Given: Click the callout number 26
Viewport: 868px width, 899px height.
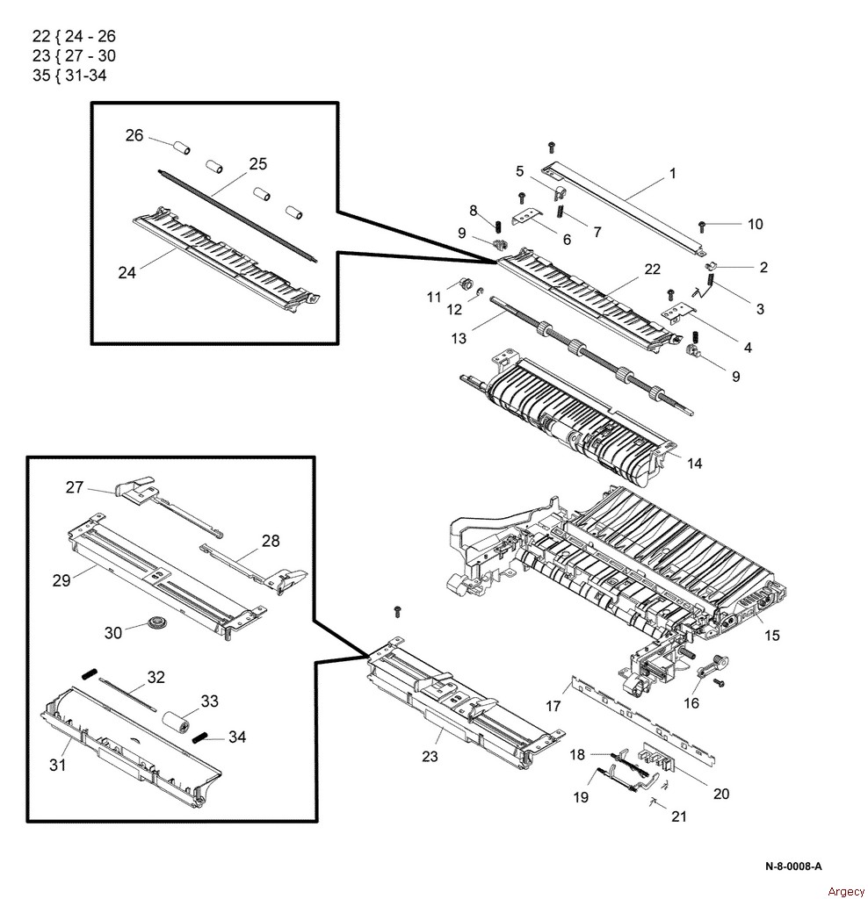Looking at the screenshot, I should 134,135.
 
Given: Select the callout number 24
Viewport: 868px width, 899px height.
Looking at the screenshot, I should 128,272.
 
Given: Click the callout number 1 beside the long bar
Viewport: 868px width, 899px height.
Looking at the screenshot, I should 673,174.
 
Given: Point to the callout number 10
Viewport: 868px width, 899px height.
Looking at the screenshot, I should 755,224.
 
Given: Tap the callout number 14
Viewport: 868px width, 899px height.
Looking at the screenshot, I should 694,464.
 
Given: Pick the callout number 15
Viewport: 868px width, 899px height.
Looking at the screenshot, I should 771,635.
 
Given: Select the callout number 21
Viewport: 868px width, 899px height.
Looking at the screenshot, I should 678,816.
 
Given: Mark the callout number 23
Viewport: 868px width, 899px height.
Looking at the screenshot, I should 430,757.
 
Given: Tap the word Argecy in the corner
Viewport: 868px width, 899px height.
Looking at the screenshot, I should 846,890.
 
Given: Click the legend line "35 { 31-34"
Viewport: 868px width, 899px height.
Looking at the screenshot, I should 69,75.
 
